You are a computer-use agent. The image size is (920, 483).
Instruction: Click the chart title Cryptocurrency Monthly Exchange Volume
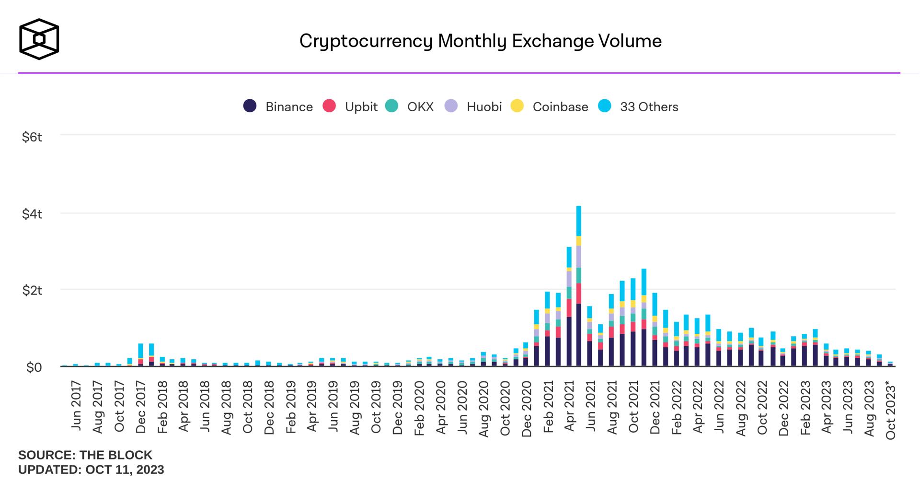coord(480,41)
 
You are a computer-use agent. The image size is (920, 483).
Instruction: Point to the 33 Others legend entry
coord(638,106)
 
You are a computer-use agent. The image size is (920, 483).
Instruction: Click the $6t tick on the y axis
coord(32,137)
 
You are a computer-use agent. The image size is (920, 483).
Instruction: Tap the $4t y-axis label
coord(32,214)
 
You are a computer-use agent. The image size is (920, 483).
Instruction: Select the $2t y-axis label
coord(32,291)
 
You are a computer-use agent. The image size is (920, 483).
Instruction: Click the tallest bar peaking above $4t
coord(579,288)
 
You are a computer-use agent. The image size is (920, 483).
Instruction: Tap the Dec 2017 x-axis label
coord(141,407)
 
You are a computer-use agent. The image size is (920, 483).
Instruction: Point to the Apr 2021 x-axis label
coord(569,407)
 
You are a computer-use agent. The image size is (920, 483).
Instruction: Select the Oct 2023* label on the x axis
coord(890,410)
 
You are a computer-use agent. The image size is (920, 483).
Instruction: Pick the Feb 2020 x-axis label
coord(419,408)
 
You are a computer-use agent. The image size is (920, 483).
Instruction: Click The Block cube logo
coord(39,39)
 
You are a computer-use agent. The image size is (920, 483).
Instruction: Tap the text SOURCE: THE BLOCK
coord(85,455)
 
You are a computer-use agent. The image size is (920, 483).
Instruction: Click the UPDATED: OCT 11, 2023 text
coord(91,470)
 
